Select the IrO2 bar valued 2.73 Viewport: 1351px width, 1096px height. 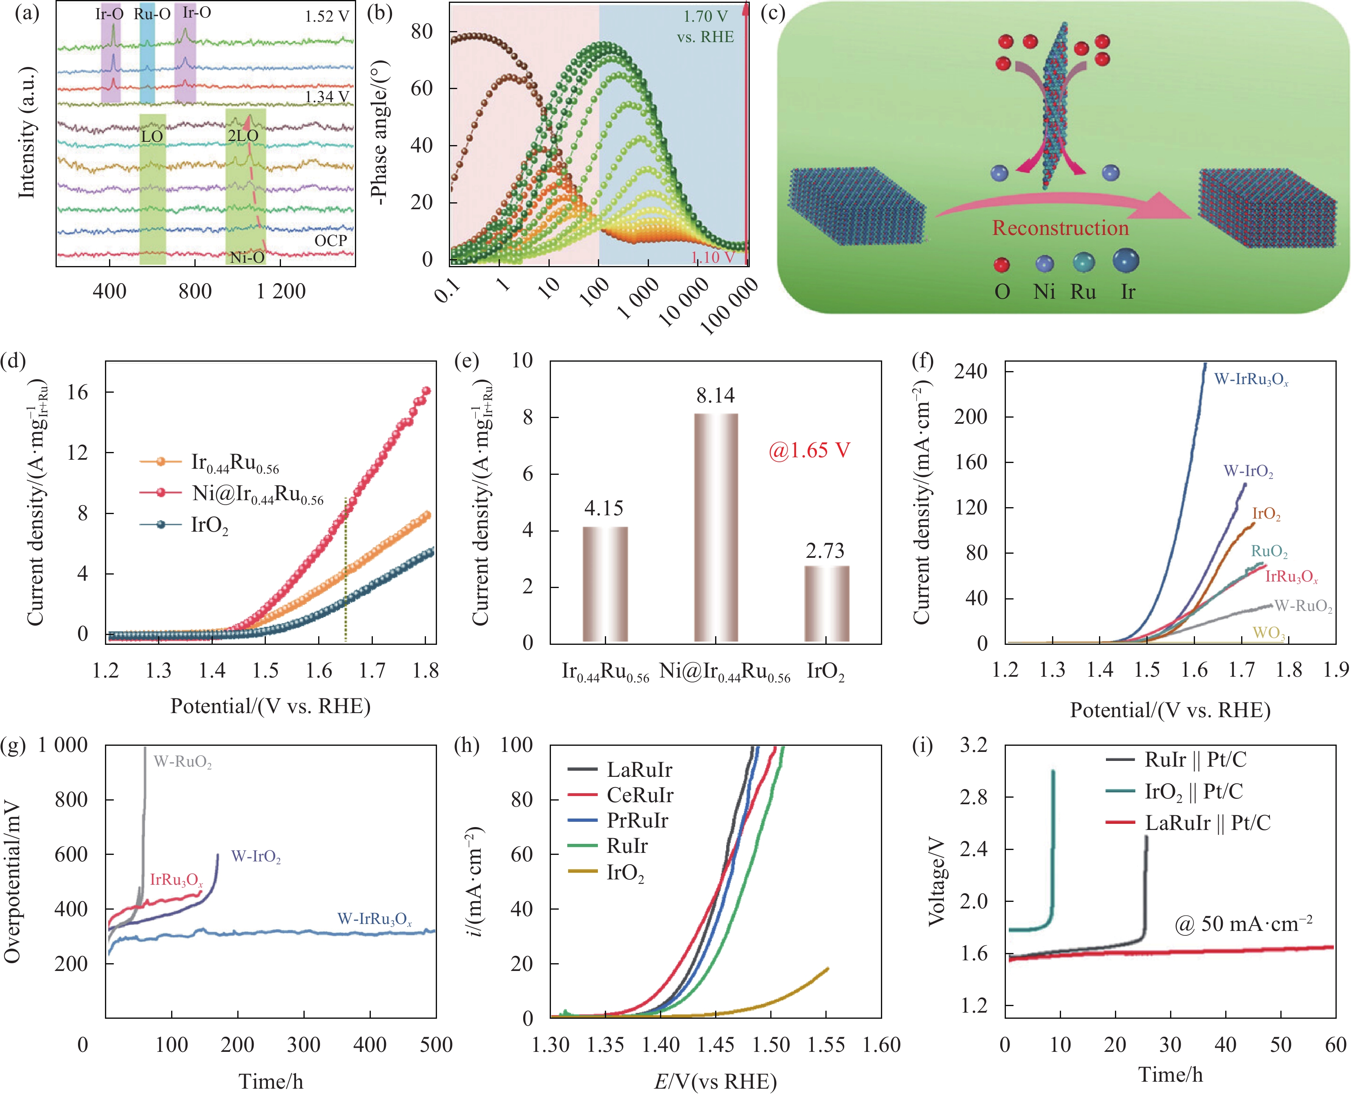[x=826, y=604]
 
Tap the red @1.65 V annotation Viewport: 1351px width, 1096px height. [x=809, y=451]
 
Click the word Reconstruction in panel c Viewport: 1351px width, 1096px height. [x=1060, y=228]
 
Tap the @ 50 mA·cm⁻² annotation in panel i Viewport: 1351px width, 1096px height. [x=1243, y=924]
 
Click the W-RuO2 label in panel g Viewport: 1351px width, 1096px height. [x=183, y=762]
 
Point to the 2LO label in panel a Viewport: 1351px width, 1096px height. [x=243, y=136]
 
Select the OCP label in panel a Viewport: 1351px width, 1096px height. [x=331, y=241]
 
